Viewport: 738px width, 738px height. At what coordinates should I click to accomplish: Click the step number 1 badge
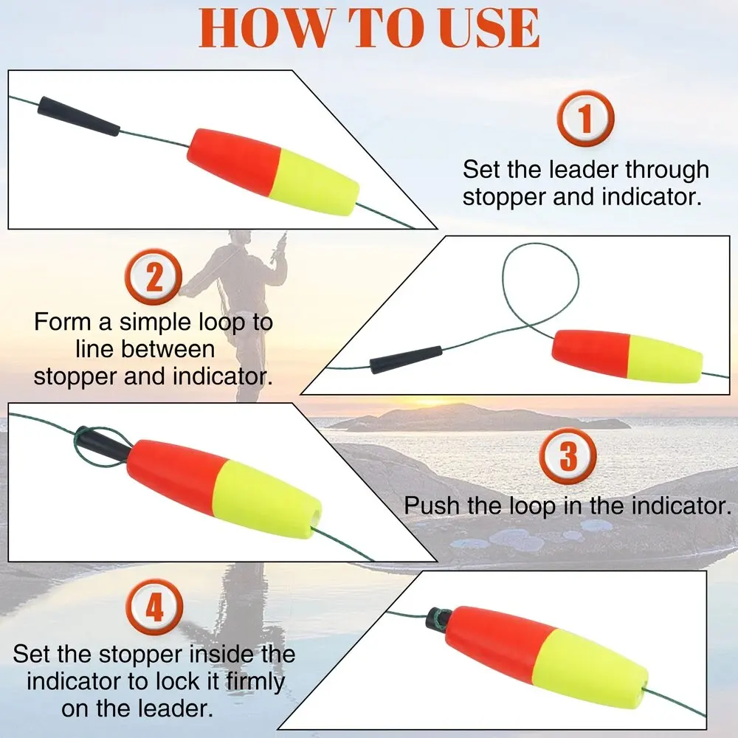tap(585, 118)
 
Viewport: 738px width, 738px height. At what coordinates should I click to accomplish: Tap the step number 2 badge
tap(154, 277)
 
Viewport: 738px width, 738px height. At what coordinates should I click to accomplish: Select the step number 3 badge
tap(568, 455)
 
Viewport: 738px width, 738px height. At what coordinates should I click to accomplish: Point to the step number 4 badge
tap(154, 607)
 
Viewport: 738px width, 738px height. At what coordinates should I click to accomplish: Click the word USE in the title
tap(488, 28)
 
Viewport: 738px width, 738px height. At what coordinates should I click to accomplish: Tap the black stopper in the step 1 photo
tap(78, 117)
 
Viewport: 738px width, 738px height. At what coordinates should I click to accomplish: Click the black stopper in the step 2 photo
tap(406, 359)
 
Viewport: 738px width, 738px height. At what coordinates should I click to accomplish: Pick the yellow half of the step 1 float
tap(314, 183)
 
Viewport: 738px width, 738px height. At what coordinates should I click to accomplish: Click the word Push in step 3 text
tap(432, 506)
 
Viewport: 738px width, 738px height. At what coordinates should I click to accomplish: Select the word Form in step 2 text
tap(63, 323)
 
